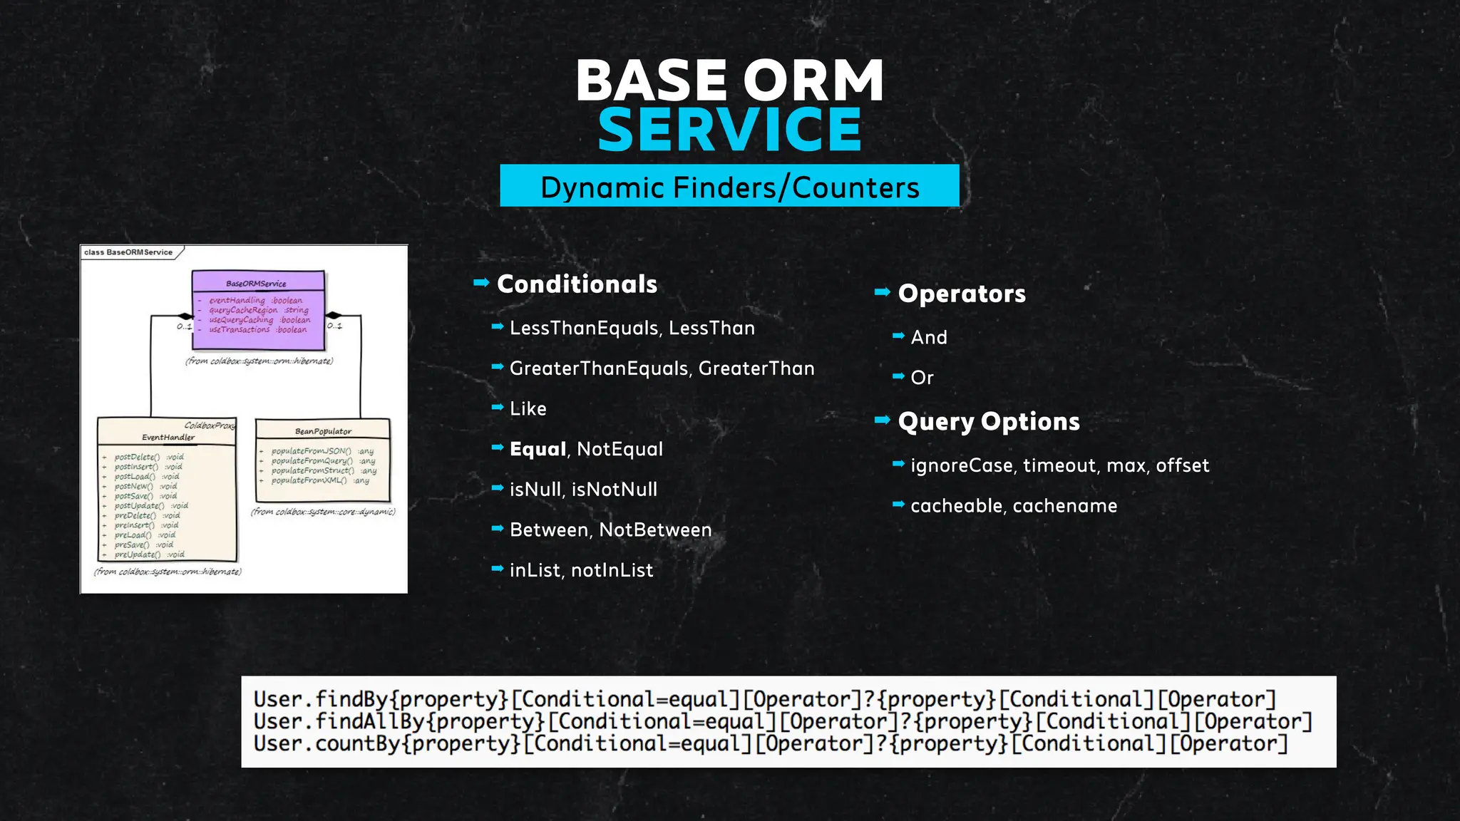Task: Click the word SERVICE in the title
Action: click(729, 130)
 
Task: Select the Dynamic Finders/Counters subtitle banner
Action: click(729, 186)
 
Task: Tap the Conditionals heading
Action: click(577, 284)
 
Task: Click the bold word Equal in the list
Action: click(538, 449)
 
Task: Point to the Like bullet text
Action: click(528, 409)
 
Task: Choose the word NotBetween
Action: click(655, 530)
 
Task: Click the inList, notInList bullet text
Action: click(581, 570)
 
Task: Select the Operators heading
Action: click(962, 294)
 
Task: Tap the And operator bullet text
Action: click(929, 338)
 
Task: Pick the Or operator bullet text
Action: click(922, 378)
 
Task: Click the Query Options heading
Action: click(989, 422)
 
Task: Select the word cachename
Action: click(1065, 506)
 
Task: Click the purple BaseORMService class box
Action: click(258, 311)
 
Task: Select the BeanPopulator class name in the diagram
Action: click(323, 431)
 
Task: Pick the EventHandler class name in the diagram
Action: click(168, 437)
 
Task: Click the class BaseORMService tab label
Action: click(129, 252)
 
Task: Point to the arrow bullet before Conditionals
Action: click(481, 283)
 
